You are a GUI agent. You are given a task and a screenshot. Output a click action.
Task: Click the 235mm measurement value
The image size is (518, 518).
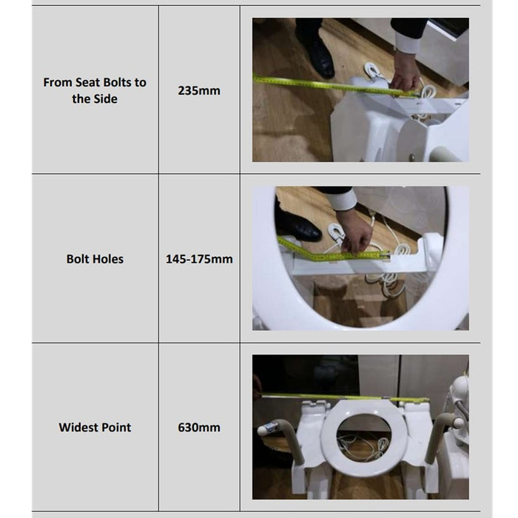(x=199, y=90)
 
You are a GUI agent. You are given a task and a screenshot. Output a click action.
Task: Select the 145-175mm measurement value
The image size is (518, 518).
(x=199, y=259)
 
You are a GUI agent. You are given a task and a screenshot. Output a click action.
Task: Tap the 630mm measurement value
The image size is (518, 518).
(x=199, y=427)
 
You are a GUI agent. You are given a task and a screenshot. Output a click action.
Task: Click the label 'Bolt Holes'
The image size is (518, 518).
(x=95, y=259)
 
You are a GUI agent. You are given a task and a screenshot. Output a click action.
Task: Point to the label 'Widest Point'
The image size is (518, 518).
(x=95, y=427)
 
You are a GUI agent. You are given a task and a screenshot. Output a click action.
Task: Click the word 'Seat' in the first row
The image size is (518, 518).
(x=87, y=82)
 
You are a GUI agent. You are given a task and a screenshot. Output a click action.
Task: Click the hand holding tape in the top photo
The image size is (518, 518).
(x=405, y=73)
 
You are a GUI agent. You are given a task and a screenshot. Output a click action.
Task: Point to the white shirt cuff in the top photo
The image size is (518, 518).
(x=407, y=41)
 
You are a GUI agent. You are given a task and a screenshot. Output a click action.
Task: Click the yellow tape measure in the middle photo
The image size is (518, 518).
(x=330, y=252)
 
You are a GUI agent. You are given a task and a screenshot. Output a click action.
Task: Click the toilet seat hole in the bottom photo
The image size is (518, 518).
(x=364, y=439)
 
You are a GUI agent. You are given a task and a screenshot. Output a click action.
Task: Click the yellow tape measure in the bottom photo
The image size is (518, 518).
(x=346, y=397)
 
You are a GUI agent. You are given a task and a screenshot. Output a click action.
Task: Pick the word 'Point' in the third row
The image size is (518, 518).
(x=116, y=427)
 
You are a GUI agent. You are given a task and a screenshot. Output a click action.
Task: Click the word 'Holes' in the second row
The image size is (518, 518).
(x=108, y=259)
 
